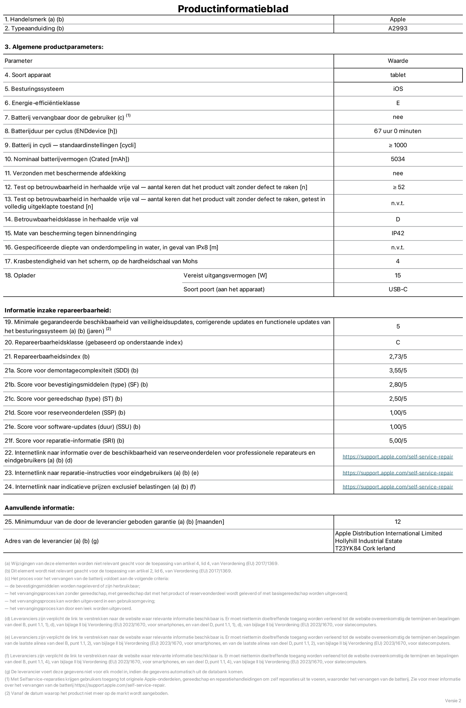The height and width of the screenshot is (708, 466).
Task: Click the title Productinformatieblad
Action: [x=233, y=8]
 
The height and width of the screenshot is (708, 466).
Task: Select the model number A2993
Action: [x=398, y=28]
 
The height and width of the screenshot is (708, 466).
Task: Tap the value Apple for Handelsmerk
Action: [x=398, y=19]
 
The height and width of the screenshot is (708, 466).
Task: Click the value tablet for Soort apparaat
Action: [x=398, y=75]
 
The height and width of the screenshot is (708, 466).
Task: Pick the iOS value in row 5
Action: [x=398, y=89]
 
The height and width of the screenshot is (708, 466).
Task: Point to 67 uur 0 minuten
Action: [x=398, y=131]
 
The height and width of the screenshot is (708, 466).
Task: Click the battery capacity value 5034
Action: [x=398, y=159]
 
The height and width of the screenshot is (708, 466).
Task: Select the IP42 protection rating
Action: [x=398, y=233]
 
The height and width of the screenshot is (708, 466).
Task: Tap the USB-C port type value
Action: [x=398, y=289]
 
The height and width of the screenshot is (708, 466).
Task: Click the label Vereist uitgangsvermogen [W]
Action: [x=225, y=275]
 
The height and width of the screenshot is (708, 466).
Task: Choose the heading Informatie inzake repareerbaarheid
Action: [x=58, y=310]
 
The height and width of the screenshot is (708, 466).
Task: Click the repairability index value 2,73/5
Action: [x=398, y=356]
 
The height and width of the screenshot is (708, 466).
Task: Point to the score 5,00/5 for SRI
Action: [x=398, y=441]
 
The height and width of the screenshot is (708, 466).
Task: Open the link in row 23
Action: [x=398, y=473]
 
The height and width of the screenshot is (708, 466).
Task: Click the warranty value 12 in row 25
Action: [x=398, y=522]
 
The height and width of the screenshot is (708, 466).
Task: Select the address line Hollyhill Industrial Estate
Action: [x=368, y=541]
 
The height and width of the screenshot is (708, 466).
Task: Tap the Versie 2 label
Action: [x=453, y=701]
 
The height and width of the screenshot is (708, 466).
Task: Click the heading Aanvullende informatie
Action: [x=39, y=508]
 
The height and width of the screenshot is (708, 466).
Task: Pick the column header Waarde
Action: [x=398, y=61]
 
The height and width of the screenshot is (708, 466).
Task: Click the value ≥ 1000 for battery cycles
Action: [x=398, y=145]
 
